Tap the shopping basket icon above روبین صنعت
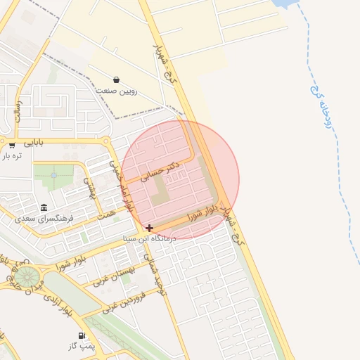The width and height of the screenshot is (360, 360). click(x=116, y=79)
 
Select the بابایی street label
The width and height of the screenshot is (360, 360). click(x=34, y=142)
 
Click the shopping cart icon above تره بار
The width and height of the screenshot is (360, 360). click(x=12, y=146)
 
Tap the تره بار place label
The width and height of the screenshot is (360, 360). click(x=13, y=155)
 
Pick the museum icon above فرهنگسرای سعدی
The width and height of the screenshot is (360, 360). click(x=44, y=208)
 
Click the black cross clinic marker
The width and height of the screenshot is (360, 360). click(x=149, y=228)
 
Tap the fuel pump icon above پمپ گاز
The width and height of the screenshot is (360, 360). click(x=82, y=336)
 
